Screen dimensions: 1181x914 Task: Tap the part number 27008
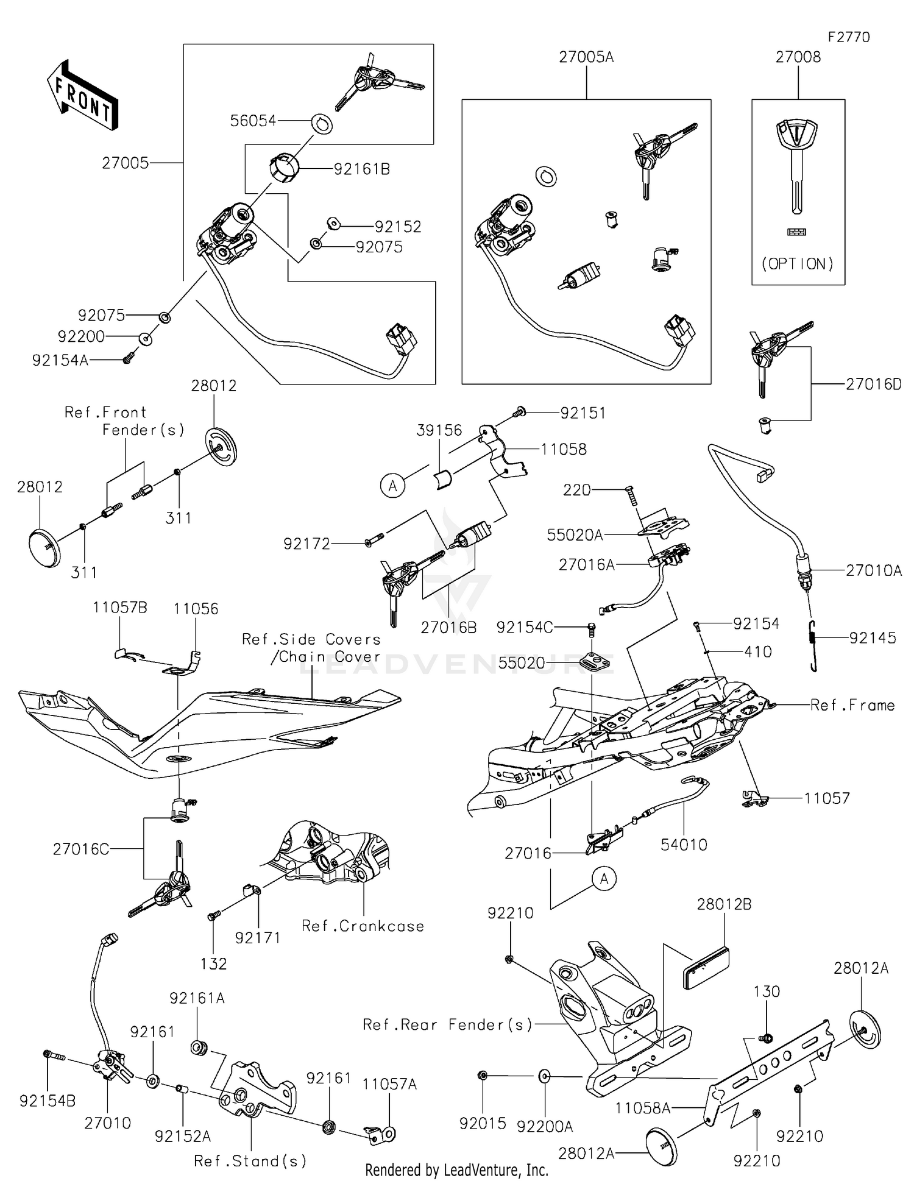tap(798, 57)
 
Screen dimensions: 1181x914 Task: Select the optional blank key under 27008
tap(797, 165)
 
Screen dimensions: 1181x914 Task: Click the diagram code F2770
tap(848, 37)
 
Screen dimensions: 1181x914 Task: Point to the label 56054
tap(253, 121)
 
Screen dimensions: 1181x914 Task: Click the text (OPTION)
tap(798, 264)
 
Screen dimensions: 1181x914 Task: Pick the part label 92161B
tap(361, 169)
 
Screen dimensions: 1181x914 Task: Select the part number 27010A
tap(873, 571)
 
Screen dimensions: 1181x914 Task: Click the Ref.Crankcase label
tap(363, 926)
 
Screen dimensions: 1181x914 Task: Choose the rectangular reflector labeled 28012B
tap(706, 968)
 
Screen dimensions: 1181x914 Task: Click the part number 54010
tap(684, 845)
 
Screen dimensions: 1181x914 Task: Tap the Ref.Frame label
tap(852, 706)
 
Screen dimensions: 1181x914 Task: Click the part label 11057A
tap(389, 1084)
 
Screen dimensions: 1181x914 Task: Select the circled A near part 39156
tap(393, 486)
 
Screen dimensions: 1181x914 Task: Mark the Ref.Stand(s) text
tap(250, 1161)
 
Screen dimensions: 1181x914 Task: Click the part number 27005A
tap(586, 57)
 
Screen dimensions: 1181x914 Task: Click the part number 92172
tap(306, 544)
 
